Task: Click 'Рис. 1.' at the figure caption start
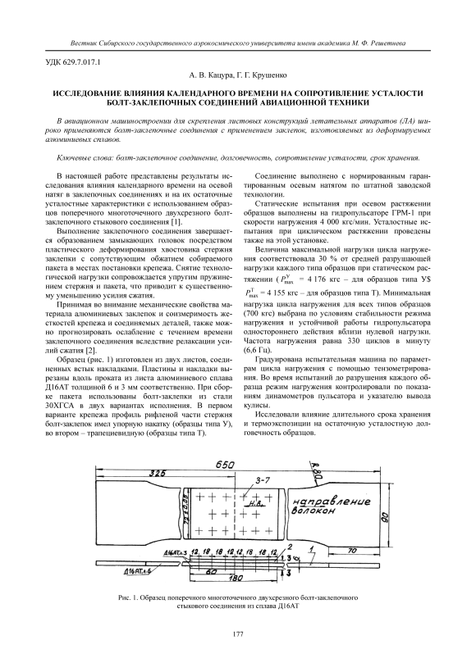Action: click(126, 597)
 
